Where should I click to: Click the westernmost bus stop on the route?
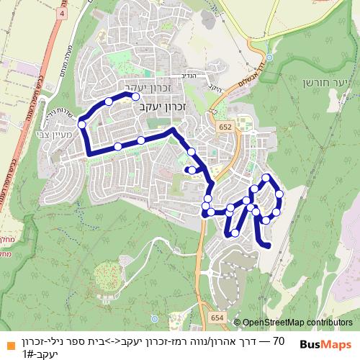(81, 125)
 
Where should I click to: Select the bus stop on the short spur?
(192, 170)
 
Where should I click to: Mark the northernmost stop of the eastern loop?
(266, 178)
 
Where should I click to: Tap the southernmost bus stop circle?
(235, 233)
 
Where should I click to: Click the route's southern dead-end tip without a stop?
(269, 246)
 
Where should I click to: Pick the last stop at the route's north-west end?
(135, 95)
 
